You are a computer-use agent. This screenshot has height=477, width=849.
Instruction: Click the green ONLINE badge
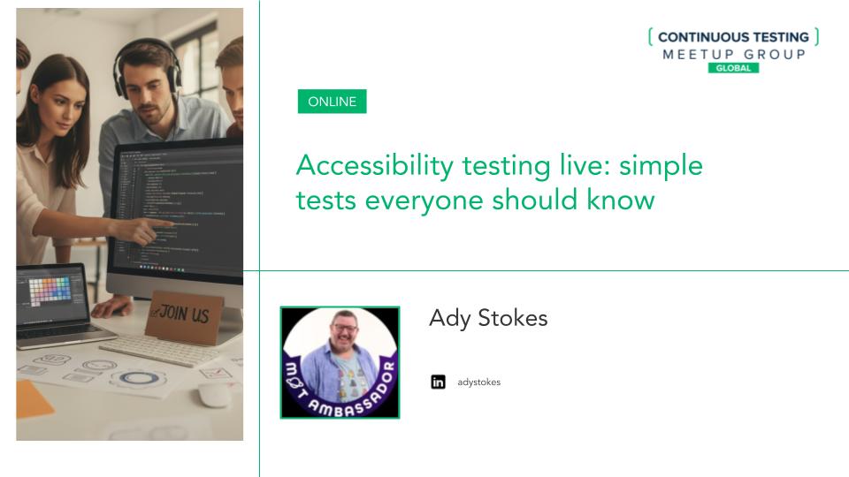click(332, 102)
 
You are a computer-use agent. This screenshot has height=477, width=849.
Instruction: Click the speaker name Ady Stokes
click(488, 318)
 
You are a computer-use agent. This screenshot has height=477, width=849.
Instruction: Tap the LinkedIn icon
click(438, 382)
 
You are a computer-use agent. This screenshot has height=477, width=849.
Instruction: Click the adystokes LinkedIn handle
click(478, 382)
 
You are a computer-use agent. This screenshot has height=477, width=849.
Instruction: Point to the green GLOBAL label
click(733, 68)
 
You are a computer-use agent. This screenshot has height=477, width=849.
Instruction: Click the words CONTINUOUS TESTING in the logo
click(733, 37)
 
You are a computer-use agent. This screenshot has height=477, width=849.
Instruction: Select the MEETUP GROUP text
click(733, 54)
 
